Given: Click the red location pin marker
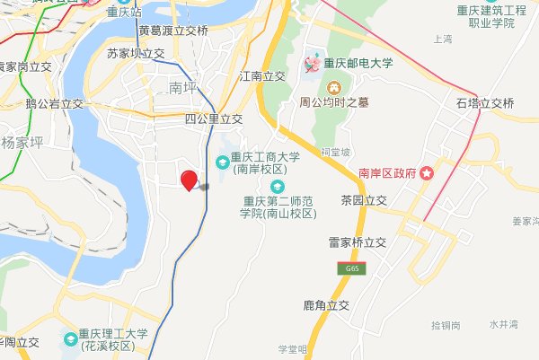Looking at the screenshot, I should click(189, 180).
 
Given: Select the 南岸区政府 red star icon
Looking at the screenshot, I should click(428, 172).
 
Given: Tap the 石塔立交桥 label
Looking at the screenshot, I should click(485, 103).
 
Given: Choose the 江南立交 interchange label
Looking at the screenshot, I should click(263, 77).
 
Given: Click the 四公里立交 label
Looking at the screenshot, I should click(214, 119).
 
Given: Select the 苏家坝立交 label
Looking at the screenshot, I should click(136, 54).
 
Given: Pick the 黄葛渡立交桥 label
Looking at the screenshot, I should click(173, 31).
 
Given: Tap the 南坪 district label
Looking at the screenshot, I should click(181, 87).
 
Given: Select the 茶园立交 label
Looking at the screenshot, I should click(363, 199).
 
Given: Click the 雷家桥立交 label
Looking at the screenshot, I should click(357, 242).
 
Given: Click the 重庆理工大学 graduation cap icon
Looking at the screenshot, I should click(70, 339).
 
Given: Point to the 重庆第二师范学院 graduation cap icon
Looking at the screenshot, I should click(277, 185).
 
